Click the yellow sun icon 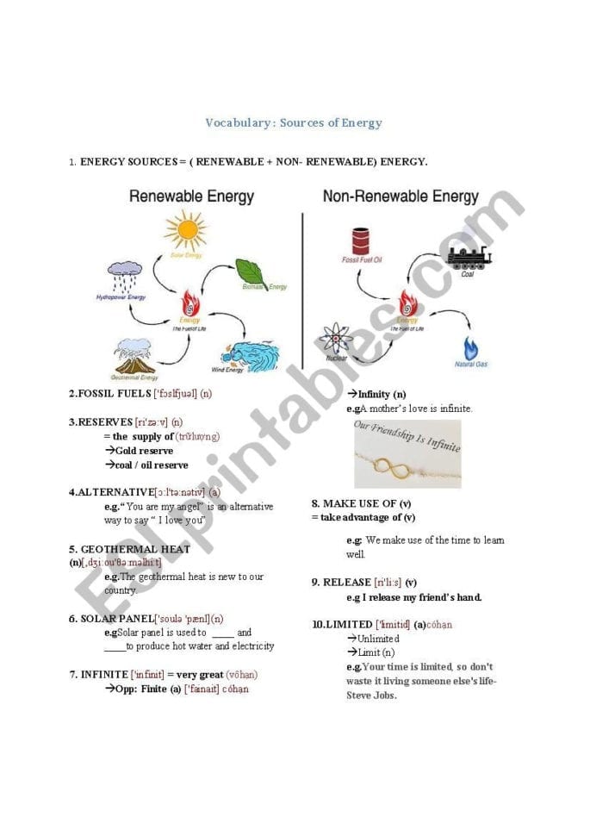tap(185, 230)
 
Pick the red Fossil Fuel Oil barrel tap(360, 241)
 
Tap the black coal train tap(469, 255)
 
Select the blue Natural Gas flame tap(470, 348)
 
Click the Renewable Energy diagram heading tap(191, 197)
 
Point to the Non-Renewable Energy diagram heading tap(401, 197)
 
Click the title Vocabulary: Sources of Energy tap(293, 122)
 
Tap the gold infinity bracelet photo tap(407, 454)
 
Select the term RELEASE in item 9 tap(347, 582)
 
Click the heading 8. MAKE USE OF tap(354, 503)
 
